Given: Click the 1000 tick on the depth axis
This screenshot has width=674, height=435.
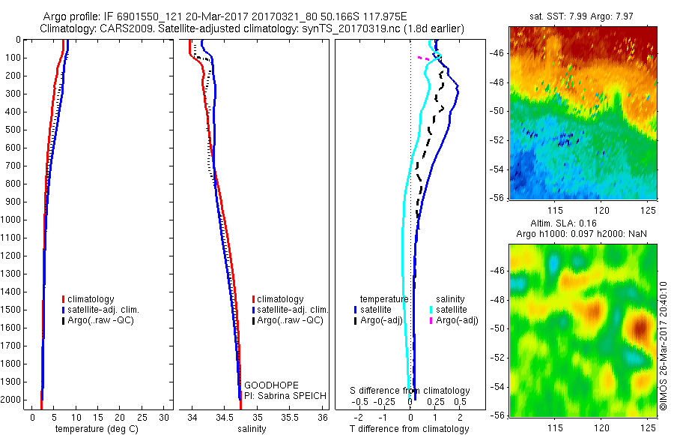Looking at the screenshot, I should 12,220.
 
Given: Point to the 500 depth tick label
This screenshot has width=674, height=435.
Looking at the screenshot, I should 12,130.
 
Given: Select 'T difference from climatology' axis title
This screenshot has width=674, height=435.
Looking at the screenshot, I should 409,429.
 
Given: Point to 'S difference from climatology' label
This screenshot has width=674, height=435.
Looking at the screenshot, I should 410,391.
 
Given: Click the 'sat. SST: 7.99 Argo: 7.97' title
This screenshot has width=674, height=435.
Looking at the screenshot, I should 582,17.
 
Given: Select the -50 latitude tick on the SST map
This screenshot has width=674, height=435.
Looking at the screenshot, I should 500,112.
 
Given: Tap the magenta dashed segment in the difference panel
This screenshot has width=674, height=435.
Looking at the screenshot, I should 423,58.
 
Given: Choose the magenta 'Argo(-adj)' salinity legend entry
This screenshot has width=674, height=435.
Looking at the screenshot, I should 456,320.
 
